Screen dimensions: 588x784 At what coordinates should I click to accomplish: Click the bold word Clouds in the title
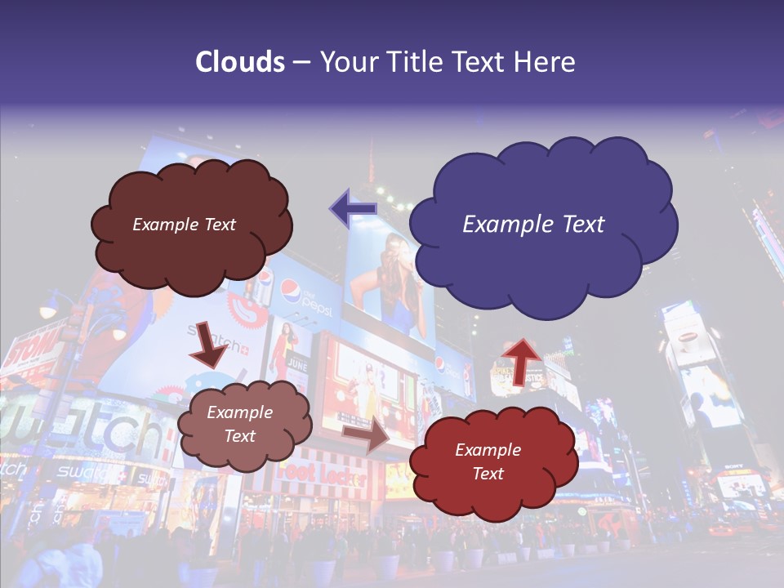pyautogui.click(x=239, y=62)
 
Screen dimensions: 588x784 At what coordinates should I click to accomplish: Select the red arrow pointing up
pyautogui.click(x=520, y=359)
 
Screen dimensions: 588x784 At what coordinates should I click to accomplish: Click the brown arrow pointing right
pyautogui.click(x=367, y=434)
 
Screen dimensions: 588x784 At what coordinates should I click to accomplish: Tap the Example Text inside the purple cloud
pyautogui.click(x=533, y=224)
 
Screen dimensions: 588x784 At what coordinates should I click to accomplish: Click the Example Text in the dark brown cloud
pyautogui.click(x=184, y=224)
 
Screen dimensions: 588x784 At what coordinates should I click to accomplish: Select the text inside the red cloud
pyautogui.click(x=488, y=461)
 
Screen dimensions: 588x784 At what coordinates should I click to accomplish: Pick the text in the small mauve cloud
pyautogui.click(x=239, y=424)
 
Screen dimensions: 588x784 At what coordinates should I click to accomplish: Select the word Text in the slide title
pyautogui.click(x=482, y=62)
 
